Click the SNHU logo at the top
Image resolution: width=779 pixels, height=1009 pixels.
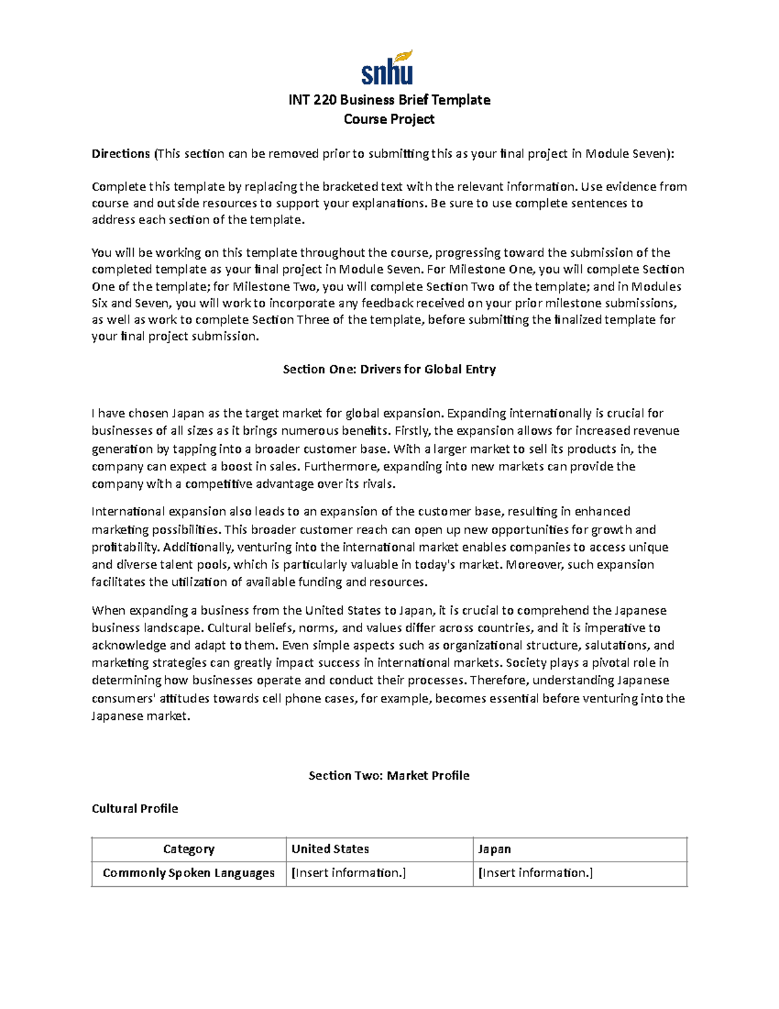[x=388, y=69]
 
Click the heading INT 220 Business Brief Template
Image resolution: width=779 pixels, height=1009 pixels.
[x=389, y=100]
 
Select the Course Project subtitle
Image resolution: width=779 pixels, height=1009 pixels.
[x=389, y=120]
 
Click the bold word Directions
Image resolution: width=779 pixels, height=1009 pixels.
[x=121, y=154]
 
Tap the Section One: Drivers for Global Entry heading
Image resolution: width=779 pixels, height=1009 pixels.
[x=389, y=370]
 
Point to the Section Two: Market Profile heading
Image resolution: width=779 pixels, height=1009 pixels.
[x=389, y=776]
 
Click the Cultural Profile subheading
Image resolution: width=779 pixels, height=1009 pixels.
[x=134, y=809]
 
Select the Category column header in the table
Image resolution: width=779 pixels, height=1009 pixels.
[x=188, y=849]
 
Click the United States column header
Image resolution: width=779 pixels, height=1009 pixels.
[x=330, y=849]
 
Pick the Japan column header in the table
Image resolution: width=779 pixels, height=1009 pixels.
[x=494, y=849]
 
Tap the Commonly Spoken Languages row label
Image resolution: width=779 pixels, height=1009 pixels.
[x=188, y=873]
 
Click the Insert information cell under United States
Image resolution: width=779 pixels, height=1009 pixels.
[x=349, y=873]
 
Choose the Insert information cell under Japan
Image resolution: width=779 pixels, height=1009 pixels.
[x=535, y=873]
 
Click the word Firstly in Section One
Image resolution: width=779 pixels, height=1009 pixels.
[x=412, y=431]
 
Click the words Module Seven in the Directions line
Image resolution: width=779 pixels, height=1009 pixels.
[x=625, y=154]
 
